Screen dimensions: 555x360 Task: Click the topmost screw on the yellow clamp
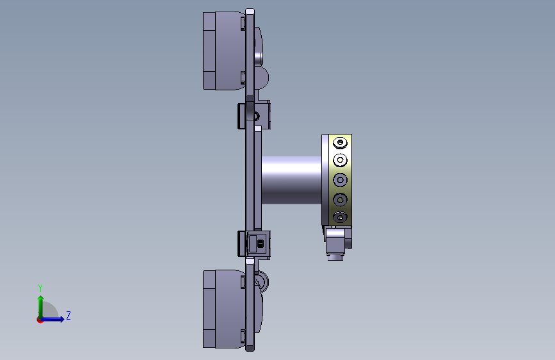pos(340,142)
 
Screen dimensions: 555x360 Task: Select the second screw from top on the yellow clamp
pos(340,160)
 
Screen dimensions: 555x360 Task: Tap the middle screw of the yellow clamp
pos(340,180)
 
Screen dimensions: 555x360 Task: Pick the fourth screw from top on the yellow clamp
pos(340,200)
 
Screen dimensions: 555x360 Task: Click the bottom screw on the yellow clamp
pos(340,217)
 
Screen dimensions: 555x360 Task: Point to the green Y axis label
pos(40,288)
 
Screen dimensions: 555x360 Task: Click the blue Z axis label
pos(68,315)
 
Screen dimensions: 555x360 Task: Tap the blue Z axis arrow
pos(52,319)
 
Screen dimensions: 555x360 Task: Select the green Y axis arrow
pos(41,307)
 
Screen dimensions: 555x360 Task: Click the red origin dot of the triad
pos(40,320)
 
